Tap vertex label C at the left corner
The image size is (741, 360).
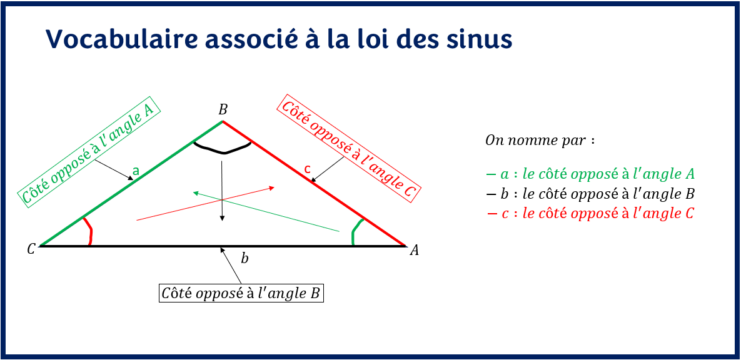pos(31,249)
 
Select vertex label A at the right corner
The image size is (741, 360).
pos(413,251)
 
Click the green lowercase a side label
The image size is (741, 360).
pos(135,170)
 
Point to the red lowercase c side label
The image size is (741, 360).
pos(306,169)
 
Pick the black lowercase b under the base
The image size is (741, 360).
pos(244,257)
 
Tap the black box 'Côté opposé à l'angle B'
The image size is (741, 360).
pos(241,293)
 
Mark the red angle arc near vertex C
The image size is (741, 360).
pos(89,231)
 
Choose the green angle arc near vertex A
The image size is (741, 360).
pos(355,232)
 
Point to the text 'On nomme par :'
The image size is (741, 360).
pos(539,140)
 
